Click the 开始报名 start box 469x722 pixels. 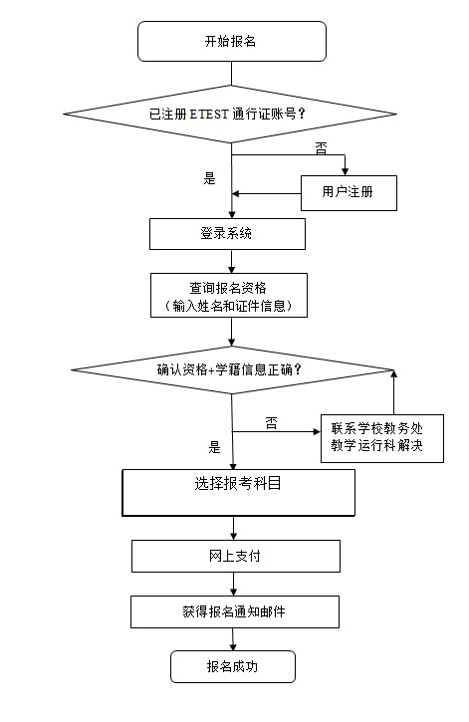(232, 41)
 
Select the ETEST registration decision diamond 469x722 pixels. (230, 114)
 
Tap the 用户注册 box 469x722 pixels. (349, 193)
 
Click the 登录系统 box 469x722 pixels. (227, 234)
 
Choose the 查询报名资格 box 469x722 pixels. (229, 295)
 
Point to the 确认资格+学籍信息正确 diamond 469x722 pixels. (231, 369)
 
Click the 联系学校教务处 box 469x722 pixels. (382, 438)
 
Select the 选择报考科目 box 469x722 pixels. (238, 493)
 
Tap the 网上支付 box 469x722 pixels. (236, 557)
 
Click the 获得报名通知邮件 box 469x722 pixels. (235, 611)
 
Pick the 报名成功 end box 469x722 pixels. (232, 666)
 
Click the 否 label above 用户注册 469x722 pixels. (322, 148)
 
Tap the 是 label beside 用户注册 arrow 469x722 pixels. (209, 178)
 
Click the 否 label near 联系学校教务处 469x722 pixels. (272, 423)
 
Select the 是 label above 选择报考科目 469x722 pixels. (214, 447)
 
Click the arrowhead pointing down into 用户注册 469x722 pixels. (346, 171)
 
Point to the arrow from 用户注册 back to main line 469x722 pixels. (267, 194)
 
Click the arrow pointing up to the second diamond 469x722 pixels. (393, 391)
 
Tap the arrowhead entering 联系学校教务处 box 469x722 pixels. (317, 431)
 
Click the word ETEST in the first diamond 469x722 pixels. (208, 114)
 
